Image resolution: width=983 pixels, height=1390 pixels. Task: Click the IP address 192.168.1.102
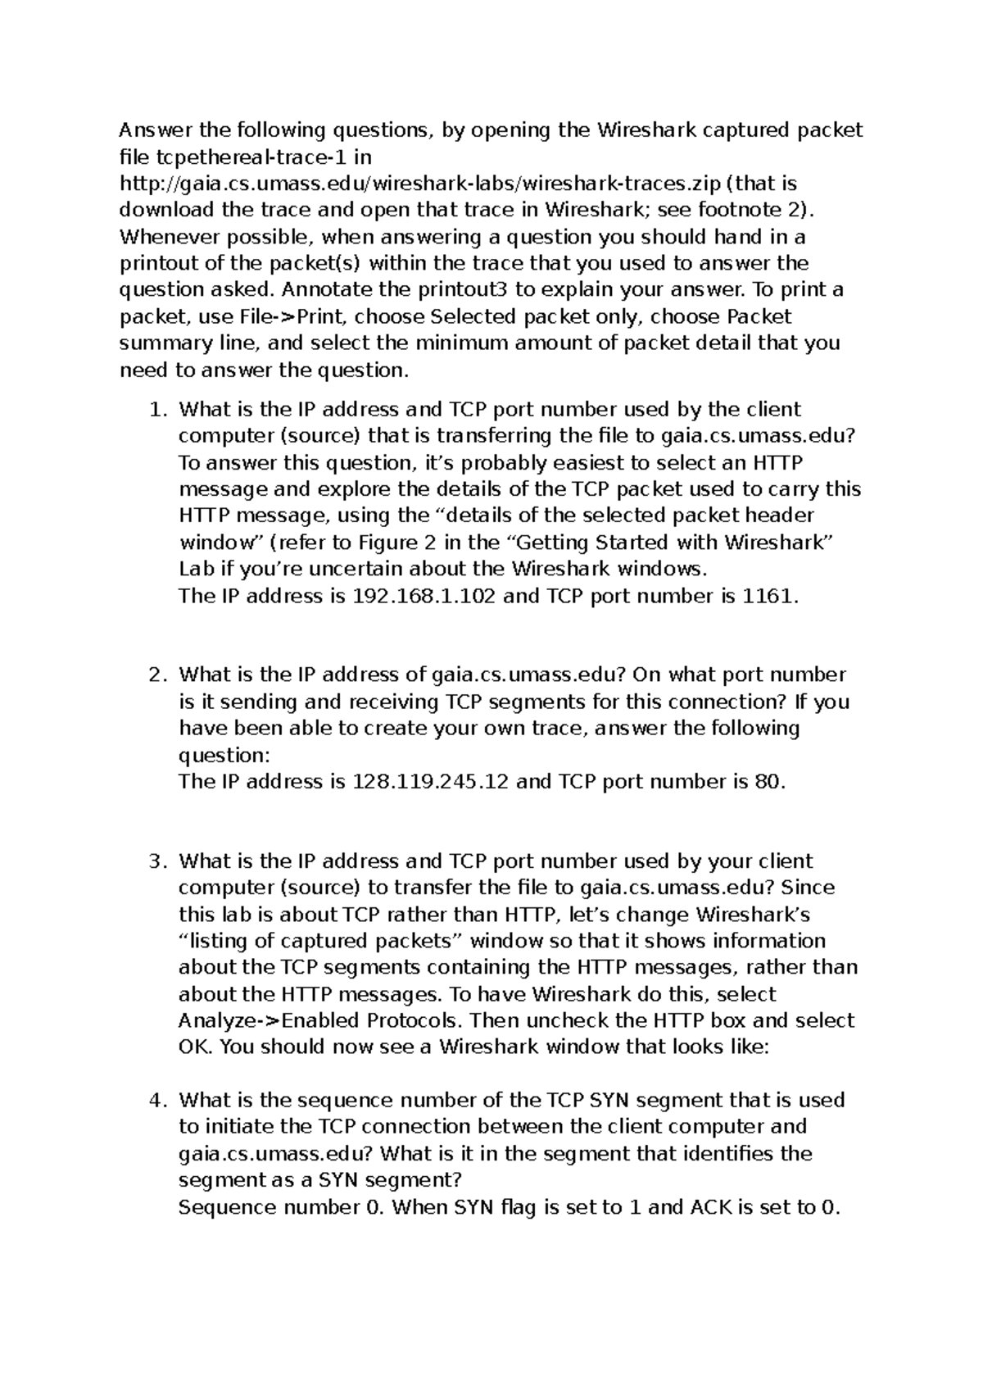click(423, 596)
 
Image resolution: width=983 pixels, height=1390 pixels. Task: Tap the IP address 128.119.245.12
click(429, 782)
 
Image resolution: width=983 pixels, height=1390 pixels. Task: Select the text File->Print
click(292, 316)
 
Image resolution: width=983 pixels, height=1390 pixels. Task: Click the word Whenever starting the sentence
click(163, 237)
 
